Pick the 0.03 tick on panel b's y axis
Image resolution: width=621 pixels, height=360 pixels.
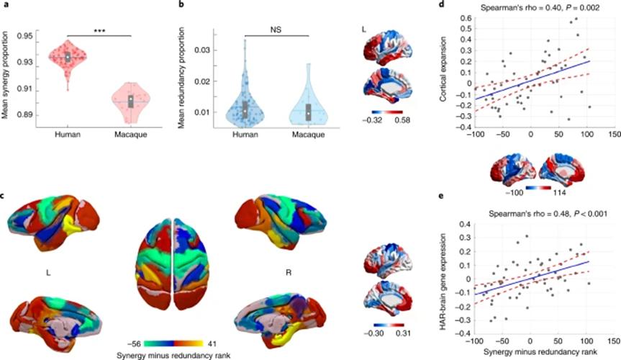pyautogui.click(x=202, y=50)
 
